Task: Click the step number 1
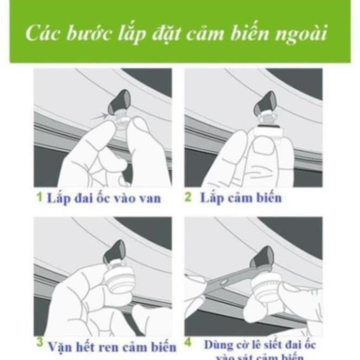40,197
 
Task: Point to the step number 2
188,197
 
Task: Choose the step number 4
188,343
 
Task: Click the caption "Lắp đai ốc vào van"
103,198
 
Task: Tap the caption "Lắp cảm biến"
240,197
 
